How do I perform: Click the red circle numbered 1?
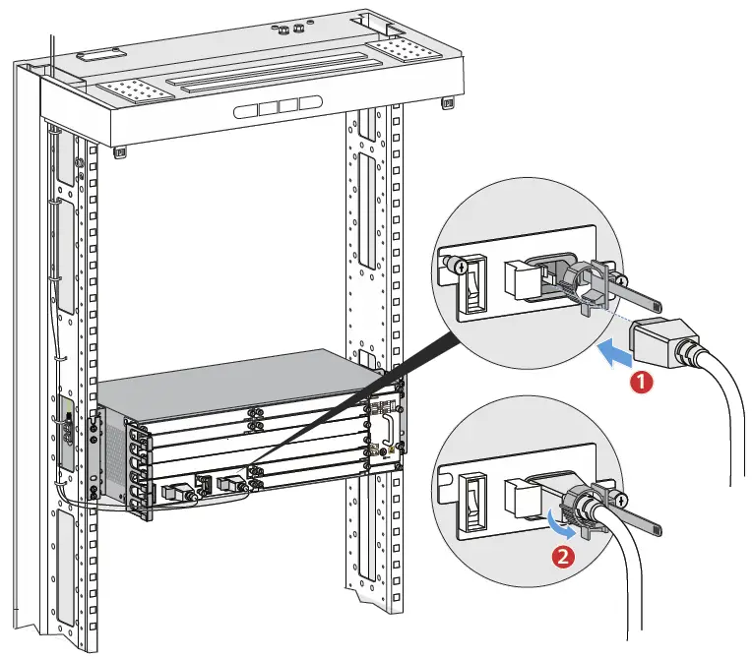pos(642,382)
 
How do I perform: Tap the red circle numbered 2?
pos(562,559)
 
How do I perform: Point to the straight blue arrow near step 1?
pos(616,353)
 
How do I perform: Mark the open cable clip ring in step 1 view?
pos(592,281)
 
